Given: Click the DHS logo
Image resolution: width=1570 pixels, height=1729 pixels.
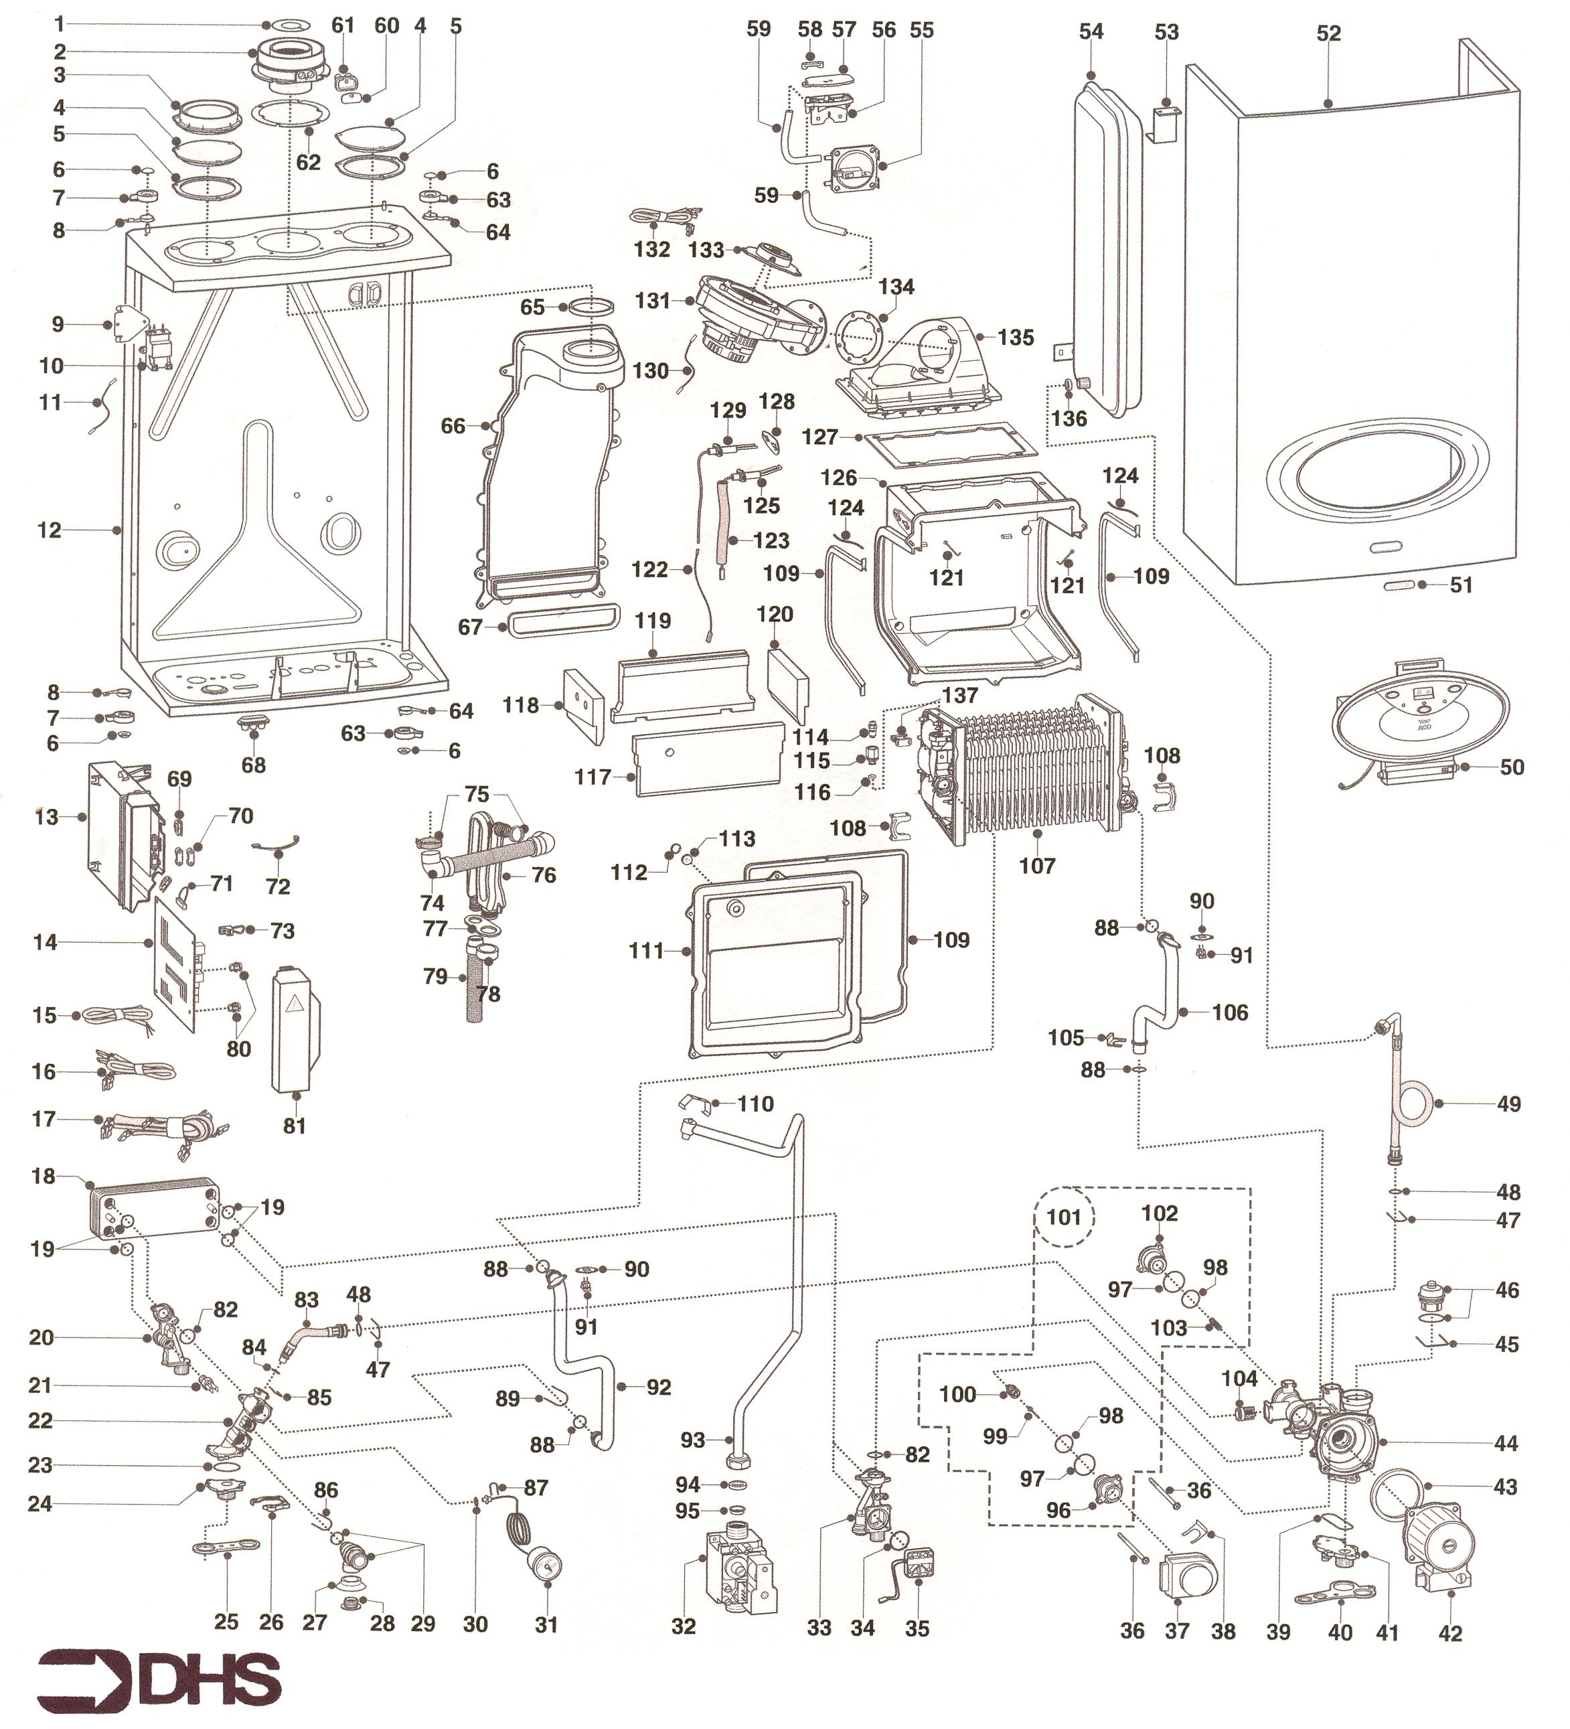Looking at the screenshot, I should click(159, 1677).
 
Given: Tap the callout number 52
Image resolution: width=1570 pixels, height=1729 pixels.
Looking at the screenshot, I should click(1328, 33).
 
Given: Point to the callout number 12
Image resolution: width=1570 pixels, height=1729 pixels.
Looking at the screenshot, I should click(50, 530).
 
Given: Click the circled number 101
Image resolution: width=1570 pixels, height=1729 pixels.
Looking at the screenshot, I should click(1064, 1216).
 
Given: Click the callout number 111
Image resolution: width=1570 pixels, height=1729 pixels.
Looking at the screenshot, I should click(647, 950).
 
